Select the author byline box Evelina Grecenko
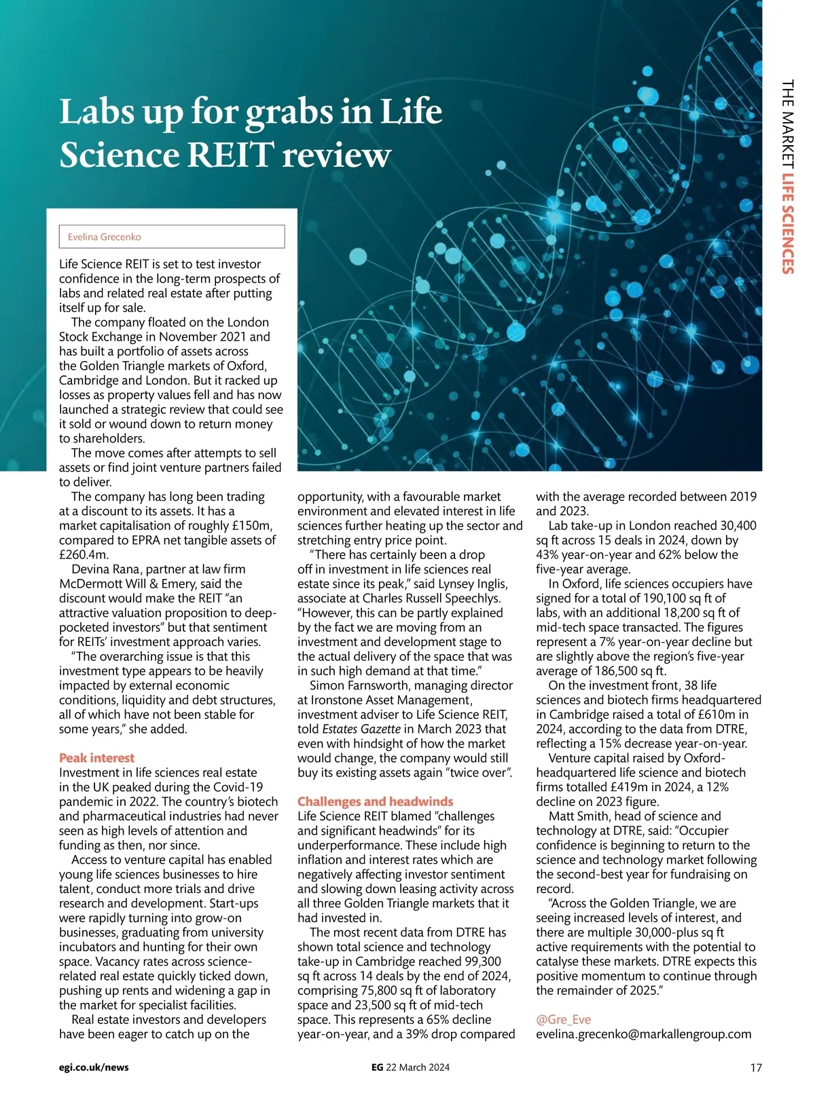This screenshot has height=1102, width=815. (172, 237)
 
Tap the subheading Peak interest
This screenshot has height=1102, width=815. (96, 758)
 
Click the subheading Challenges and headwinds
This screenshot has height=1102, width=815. (375, 801)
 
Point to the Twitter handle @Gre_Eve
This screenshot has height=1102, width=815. (563, 1020)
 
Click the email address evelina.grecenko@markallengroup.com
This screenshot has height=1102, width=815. (643, 1034)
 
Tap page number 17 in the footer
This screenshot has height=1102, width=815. (755, 1068)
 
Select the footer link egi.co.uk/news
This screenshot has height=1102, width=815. (94, 1067)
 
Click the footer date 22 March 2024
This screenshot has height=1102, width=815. (418, 1067)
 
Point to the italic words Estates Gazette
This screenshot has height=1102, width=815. (361, 729)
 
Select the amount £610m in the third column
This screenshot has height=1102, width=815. (715, 715)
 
